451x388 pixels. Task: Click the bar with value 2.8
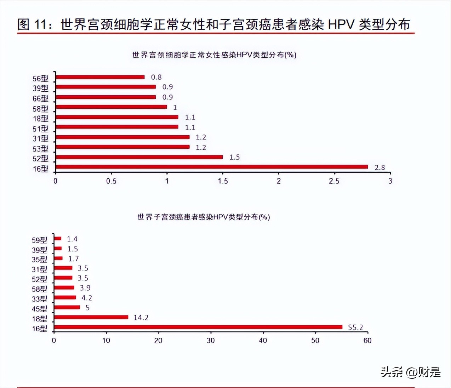pos(212,167)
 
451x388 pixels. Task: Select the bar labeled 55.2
pos(198,327)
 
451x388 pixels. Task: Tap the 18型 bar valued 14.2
pos(91,317)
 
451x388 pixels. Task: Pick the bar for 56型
pos(100,77)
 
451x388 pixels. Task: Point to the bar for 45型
pos(67,307)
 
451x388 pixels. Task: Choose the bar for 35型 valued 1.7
pos(58,258)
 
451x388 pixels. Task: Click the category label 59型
pos(39,240)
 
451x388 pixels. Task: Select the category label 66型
pos(40,98)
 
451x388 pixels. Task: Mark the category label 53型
pos(40,149)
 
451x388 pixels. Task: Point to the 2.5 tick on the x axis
pos(334,181)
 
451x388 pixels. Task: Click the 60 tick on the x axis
pos(367,341)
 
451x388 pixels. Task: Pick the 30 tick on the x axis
pos(211,341)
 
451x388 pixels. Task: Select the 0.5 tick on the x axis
pos(111,181)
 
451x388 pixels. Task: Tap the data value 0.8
pos(156,77)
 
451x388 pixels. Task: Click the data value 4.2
pos(87,298)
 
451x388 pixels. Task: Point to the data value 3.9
pos(85,288)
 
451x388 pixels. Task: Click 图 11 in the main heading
pos(32,24)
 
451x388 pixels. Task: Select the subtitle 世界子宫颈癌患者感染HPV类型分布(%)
pos(204,217)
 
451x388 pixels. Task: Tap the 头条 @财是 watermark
pos(411,372)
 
